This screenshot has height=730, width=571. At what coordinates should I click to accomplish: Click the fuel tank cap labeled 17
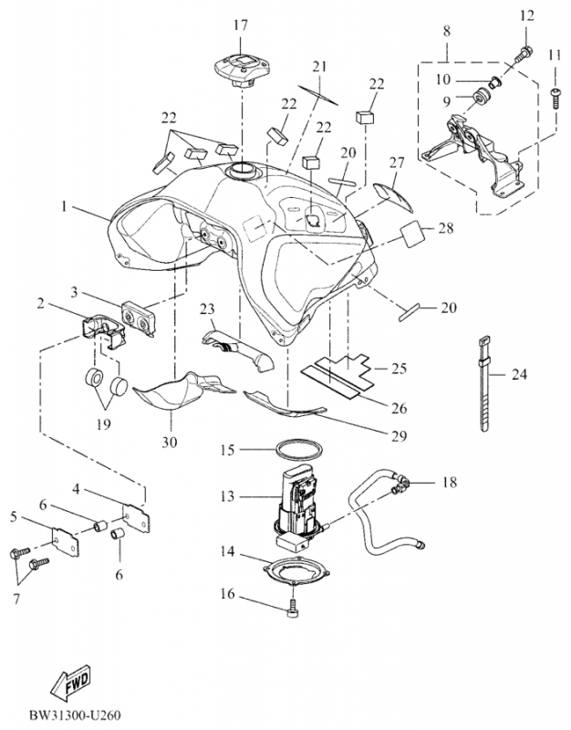[x=240, y=68]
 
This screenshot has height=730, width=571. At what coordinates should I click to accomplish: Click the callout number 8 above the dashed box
[x=447, y=31]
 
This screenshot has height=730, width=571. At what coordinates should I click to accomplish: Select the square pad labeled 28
[x=413, y=235]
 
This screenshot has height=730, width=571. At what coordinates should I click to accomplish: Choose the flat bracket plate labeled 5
[x=65, y=544]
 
